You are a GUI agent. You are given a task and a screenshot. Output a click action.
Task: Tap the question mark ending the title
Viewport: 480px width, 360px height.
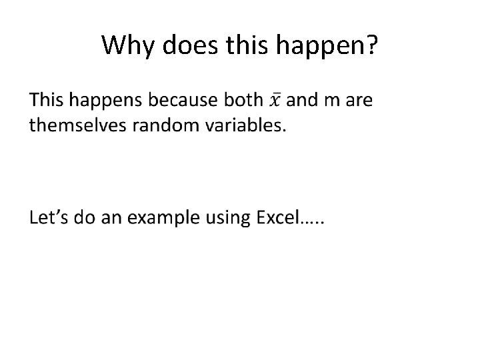click(371, 45)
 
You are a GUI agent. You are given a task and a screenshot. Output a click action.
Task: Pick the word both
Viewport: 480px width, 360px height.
click(244, 100)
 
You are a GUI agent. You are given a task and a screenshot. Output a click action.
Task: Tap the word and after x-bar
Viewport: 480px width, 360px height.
click(302, 100)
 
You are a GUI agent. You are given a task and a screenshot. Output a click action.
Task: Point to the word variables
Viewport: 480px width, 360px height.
click(244, 126)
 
